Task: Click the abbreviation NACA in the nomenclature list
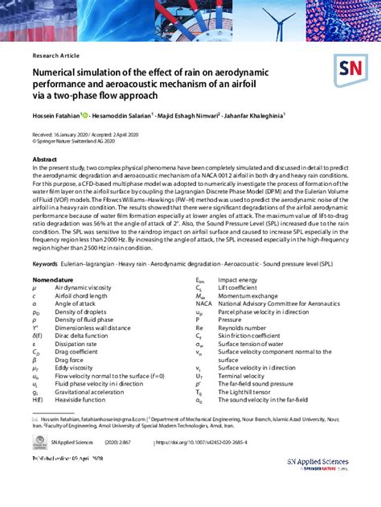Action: (204, 303)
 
